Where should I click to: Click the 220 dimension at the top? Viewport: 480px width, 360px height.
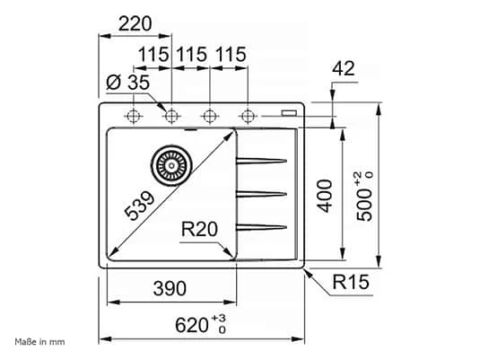pyautogui.click(x=135, y=23)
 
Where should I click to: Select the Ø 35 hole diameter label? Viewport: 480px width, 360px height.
pyautogui.click(x=126, y=83)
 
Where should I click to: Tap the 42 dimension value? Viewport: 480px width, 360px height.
pyautogui.click(x=345, y=68)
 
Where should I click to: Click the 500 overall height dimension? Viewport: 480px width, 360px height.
pyautogui.click(x=365, y=192)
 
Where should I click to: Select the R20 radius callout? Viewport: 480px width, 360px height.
pyautogui.click(x=199, y=231)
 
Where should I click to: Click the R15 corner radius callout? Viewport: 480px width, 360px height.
pyautogui.click(x=352, y=285)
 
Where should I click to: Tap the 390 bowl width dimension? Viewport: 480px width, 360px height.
pyautogui.click(x=168, y=288)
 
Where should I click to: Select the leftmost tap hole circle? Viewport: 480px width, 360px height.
pyautogui.click(x=134, y=115)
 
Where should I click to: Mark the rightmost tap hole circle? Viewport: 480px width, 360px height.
pyautogui.click(x=248, y=115)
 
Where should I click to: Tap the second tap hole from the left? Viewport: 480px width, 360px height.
pyautogui.click(x=171, y=115)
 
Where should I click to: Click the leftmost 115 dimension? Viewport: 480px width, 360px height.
pyautogui.click(x=153, y=55)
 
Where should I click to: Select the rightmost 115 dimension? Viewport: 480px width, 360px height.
pyautogui.click(x=230, y=55)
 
